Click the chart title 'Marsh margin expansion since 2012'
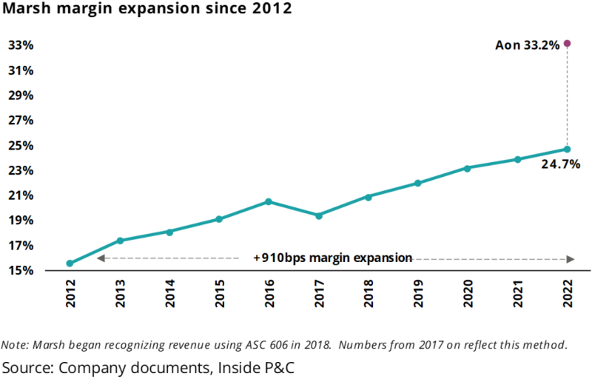click(x=146, y=10)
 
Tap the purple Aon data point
click(x=568, y=44)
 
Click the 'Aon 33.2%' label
click(x=527, y=46)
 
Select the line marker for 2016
click(x=269, y=201)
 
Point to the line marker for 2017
click(x=318, y=215)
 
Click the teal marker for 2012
click(x=70, y=264)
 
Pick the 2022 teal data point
click(x=568, y=149)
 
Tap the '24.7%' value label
click(x=560, y=164)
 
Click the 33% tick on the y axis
click(x=21, y=45)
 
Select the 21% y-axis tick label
click(x=21, y=195)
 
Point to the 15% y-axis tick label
click(x=21, y=271)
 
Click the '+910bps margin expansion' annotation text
click(x=332, y=258)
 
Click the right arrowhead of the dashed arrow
click(x=570, y=258)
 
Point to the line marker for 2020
click(x=468, y=168)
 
